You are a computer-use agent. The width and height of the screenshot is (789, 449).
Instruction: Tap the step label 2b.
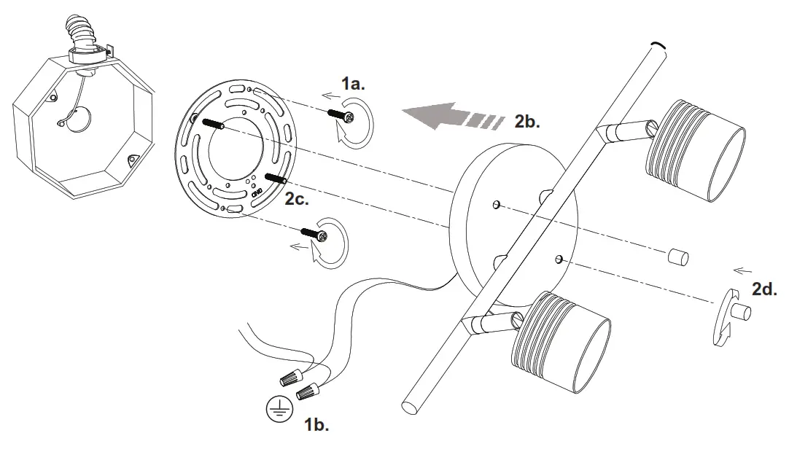click(526, 121)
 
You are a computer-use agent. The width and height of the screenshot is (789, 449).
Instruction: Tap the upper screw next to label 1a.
click(342, 114)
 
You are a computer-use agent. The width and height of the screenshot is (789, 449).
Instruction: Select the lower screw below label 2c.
click(313, 233)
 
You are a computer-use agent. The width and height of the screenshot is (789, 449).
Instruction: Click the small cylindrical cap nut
click(677, 257)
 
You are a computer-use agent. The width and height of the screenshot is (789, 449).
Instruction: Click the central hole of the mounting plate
click(236, 154)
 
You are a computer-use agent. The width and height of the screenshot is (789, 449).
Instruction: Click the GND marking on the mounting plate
click(257, 192)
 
